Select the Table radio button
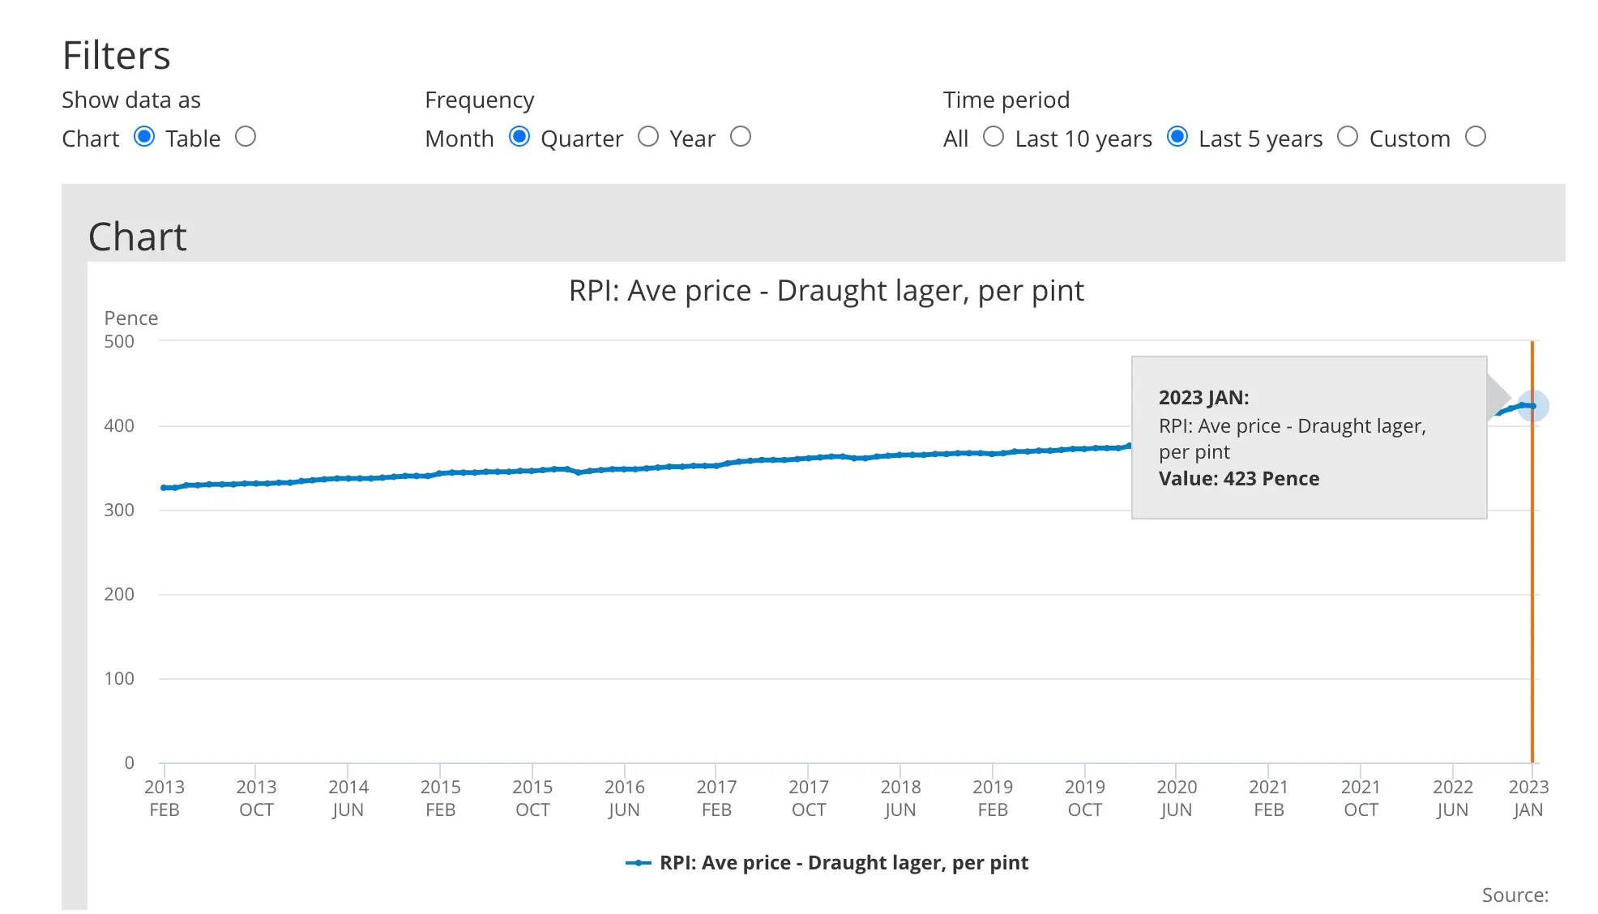pos(246,137)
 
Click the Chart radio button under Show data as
pos(144,137)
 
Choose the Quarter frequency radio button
pos(648,137)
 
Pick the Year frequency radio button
pos(741,137)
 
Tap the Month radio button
pos(519,137)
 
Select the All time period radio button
pos(993,137)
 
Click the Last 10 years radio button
pos(1177,137)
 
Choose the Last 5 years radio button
pos(1348,137)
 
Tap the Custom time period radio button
pos(1476,137)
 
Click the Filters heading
pos(117,56)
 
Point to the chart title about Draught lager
pos(826,291)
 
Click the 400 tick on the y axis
pos(119,426)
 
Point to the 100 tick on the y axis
pos(119,679)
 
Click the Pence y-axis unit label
pos(131,318)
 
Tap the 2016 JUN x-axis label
pos(624,798)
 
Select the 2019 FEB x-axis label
pos(993,798)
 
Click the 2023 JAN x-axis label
pos(1528,798)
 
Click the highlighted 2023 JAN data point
pos(1532,406)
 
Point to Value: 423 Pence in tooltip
pos(1239,479)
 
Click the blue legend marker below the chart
pos(639,863)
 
